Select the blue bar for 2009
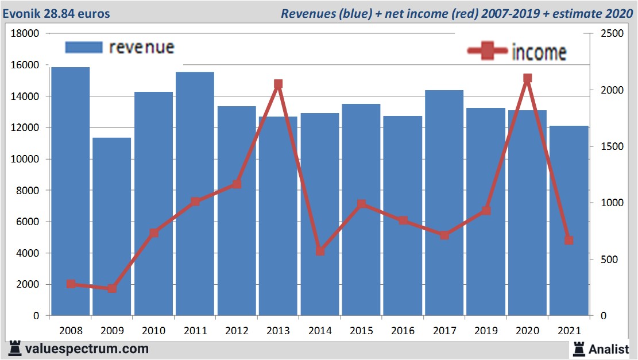point(112,226)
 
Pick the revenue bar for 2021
point(569,220)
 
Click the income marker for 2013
point(279,84)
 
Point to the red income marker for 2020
point(527,79)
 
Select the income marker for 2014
point(320,251)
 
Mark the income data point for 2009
point(112,288)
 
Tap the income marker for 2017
point(444,235)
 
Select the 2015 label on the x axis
point(361,331)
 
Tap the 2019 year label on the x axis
point(486,331)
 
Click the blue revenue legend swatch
point(84,47)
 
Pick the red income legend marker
point(488,51)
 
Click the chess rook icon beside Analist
point(579,349)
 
